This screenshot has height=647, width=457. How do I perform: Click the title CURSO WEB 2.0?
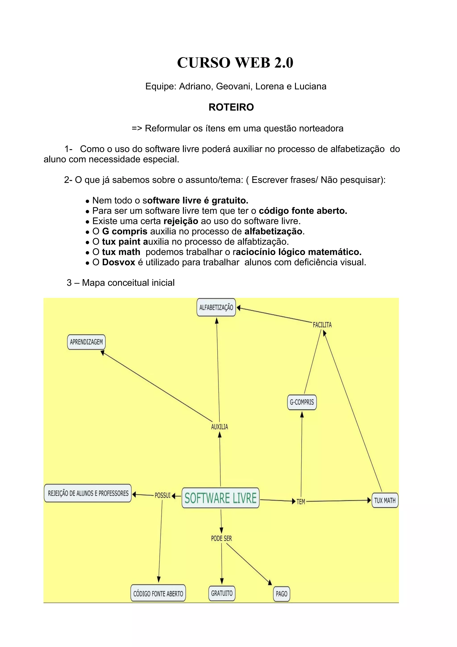click(x=235, y=63)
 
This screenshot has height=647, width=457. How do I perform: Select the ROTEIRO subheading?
click(x=231, y=107)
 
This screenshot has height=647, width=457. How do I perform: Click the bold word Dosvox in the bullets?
click(x=118, y=262)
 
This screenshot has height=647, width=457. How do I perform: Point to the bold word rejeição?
click(x=181, y=221)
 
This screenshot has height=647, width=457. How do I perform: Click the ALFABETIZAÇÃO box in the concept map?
click(x=216, y=307)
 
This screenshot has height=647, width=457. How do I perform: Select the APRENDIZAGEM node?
click(x=86, y=342)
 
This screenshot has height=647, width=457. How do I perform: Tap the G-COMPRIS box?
click(x=302, y=402)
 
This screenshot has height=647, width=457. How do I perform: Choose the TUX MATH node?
click(x=385, y=501)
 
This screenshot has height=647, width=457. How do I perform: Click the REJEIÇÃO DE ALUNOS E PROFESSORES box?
click(x=88, y=493)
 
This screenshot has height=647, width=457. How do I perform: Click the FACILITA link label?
click(x=322, y=325)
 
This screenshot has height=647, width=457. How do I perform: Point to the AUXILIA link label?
click(x=220, y=427)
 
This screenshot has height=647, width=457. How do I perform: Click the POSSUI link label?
click(x=163, y=495)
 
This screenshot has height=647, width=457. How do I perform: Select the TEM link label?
click(x=301, y=502)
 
